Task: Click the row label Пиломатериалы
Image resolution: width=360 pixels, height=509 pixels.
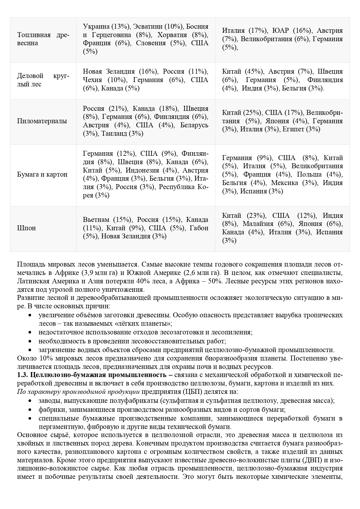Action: pyautogui.click(x=42, y=121)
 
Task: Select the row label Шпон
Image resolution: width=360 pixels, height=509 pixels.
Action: pyautogui.click(x=26, y=228)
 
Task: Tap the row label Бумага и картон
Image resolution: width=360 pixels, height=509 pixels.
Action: pyautogui.click(x=42, y=174)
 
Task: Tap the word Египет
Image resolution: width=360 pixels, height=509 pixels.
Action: pyautogui.click(x=293, y=129)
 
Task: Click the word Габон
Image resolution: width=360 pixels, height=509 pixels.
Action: pyautogui.click(x=199, y=228)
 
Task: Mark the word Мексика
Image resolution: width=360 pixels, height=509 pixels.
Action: pyautogui.click(x=285, y=183)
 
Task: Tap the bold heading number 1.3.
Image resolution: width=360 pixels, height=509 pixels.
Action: pyautogui.click(x=23, y=375)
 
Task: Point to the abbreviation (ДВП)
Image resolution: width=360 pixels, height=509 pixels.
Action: pyautogui.click(x=313, y=460)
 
